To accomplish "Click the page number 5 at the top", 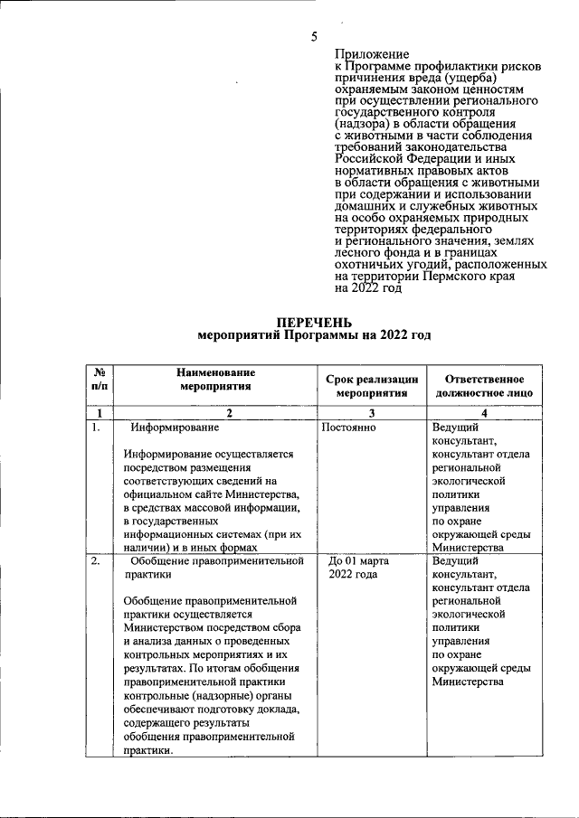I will tap(314, 37).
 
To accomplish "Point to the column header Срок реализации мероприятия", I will tap(372, 386).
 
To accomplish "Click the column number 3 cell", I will tap(372, 413).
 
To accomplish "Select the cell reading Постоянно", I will tap(349, 428).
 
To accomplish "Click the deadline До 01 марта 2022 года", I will tap(359, 568).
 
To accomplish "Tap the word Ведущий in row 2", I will tap(455, 561).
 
